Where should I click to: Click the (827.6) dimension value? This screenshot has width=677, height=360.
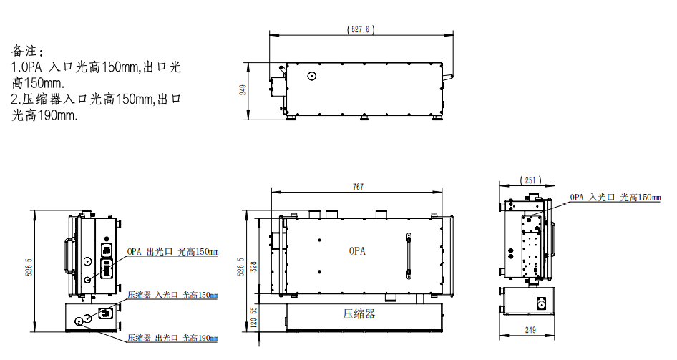[361, 29]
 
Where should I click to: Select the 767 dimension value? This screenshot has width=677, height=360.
[358, 187]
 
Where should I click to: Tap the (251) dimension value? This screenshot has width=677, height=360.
[530, 180]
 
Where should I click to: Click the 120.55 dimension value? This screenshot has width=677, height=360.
[254, 317]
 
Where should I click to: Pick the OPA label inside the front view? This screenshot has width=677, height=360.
[357, 250]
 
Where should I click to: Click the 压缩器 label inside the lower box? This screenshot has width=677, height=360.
[359, 313]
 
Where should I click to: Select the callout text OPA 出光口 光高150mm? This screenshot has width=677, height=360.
[172, 252]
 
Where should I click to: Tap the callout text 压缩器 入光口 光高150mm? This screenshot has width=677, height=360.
[172, 296]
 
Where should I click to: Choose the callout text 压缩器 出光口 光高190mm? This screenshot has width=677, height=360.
[172, 338]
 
